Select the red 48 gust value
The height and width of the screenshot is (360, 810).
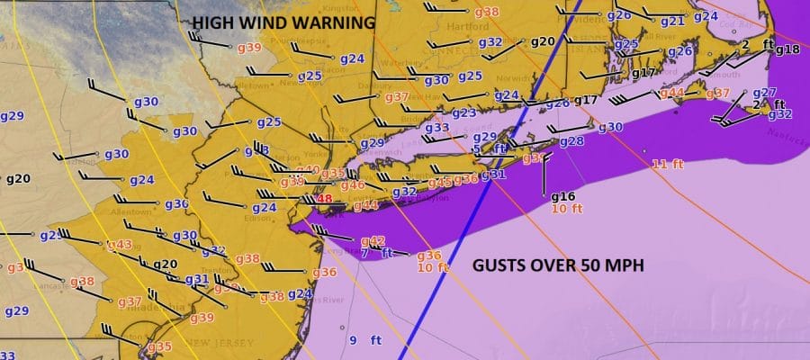[x=324, y=199]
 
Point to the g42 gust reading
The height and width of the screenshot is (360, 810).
[x=373, y=240]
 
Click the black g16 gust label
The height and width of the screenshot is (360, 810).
[x=562, y=197]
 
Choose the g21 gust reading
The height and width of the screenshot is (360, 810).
[x=672, y=21]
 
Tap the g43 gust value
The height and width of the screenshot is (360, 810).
[x=120, y=245]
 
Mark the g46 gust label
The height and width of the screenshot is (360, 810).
[x=352, y=184]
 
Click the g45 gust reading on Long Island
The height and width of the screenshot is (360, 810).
[x=439, y=183]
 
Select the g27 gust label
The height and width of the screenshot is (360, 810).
[x=764, y=92]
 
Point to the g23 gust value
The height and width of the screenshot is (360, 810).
[x=463, y=112]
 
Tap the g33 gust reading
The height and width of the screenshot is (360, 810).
[x=436, y=128]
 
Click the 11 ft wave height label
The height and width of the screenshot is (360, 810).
[x=665, y=164]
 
